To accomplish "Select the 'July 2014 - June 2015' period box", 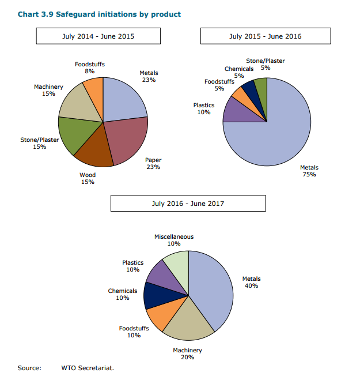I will [98, 36].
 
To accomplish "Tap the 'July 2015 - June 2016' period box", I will [265, 36].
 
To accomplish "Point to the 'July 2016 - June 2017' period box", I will [188, 204].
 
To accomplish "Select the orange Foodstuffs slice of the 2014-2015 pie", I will [94, 92].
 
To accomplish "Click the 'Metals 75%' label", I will [309, 171].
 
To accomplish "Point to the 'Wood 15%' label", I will [88, 178].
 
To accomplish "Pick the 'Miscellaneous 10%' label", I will [174, 240].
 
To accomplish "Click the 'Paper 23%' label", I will [153, 163].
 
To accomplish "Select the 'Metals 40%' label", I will [251, 282].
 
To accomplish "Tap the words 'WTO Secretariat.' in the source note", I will [88, 368].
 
